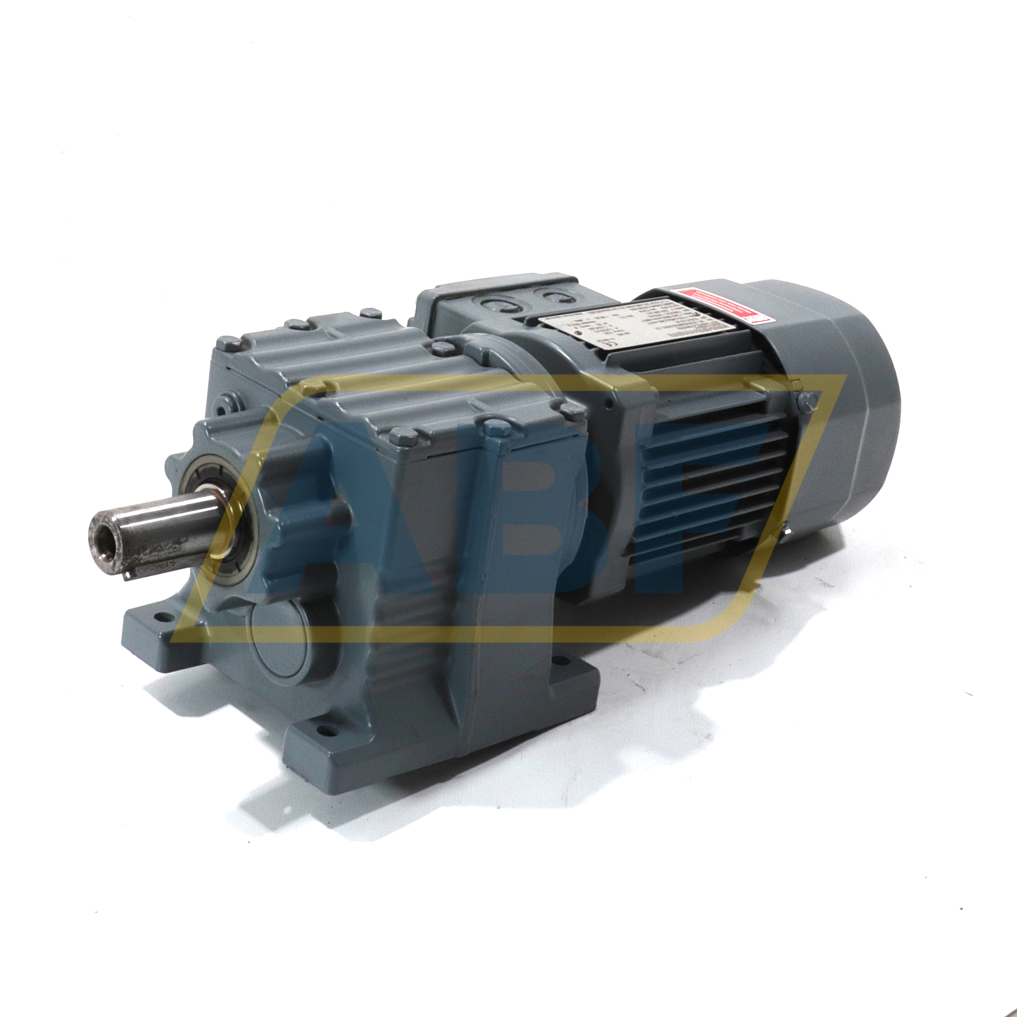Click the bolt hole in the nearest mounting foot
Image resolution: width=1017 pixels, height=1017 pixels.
coord(324,731)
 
